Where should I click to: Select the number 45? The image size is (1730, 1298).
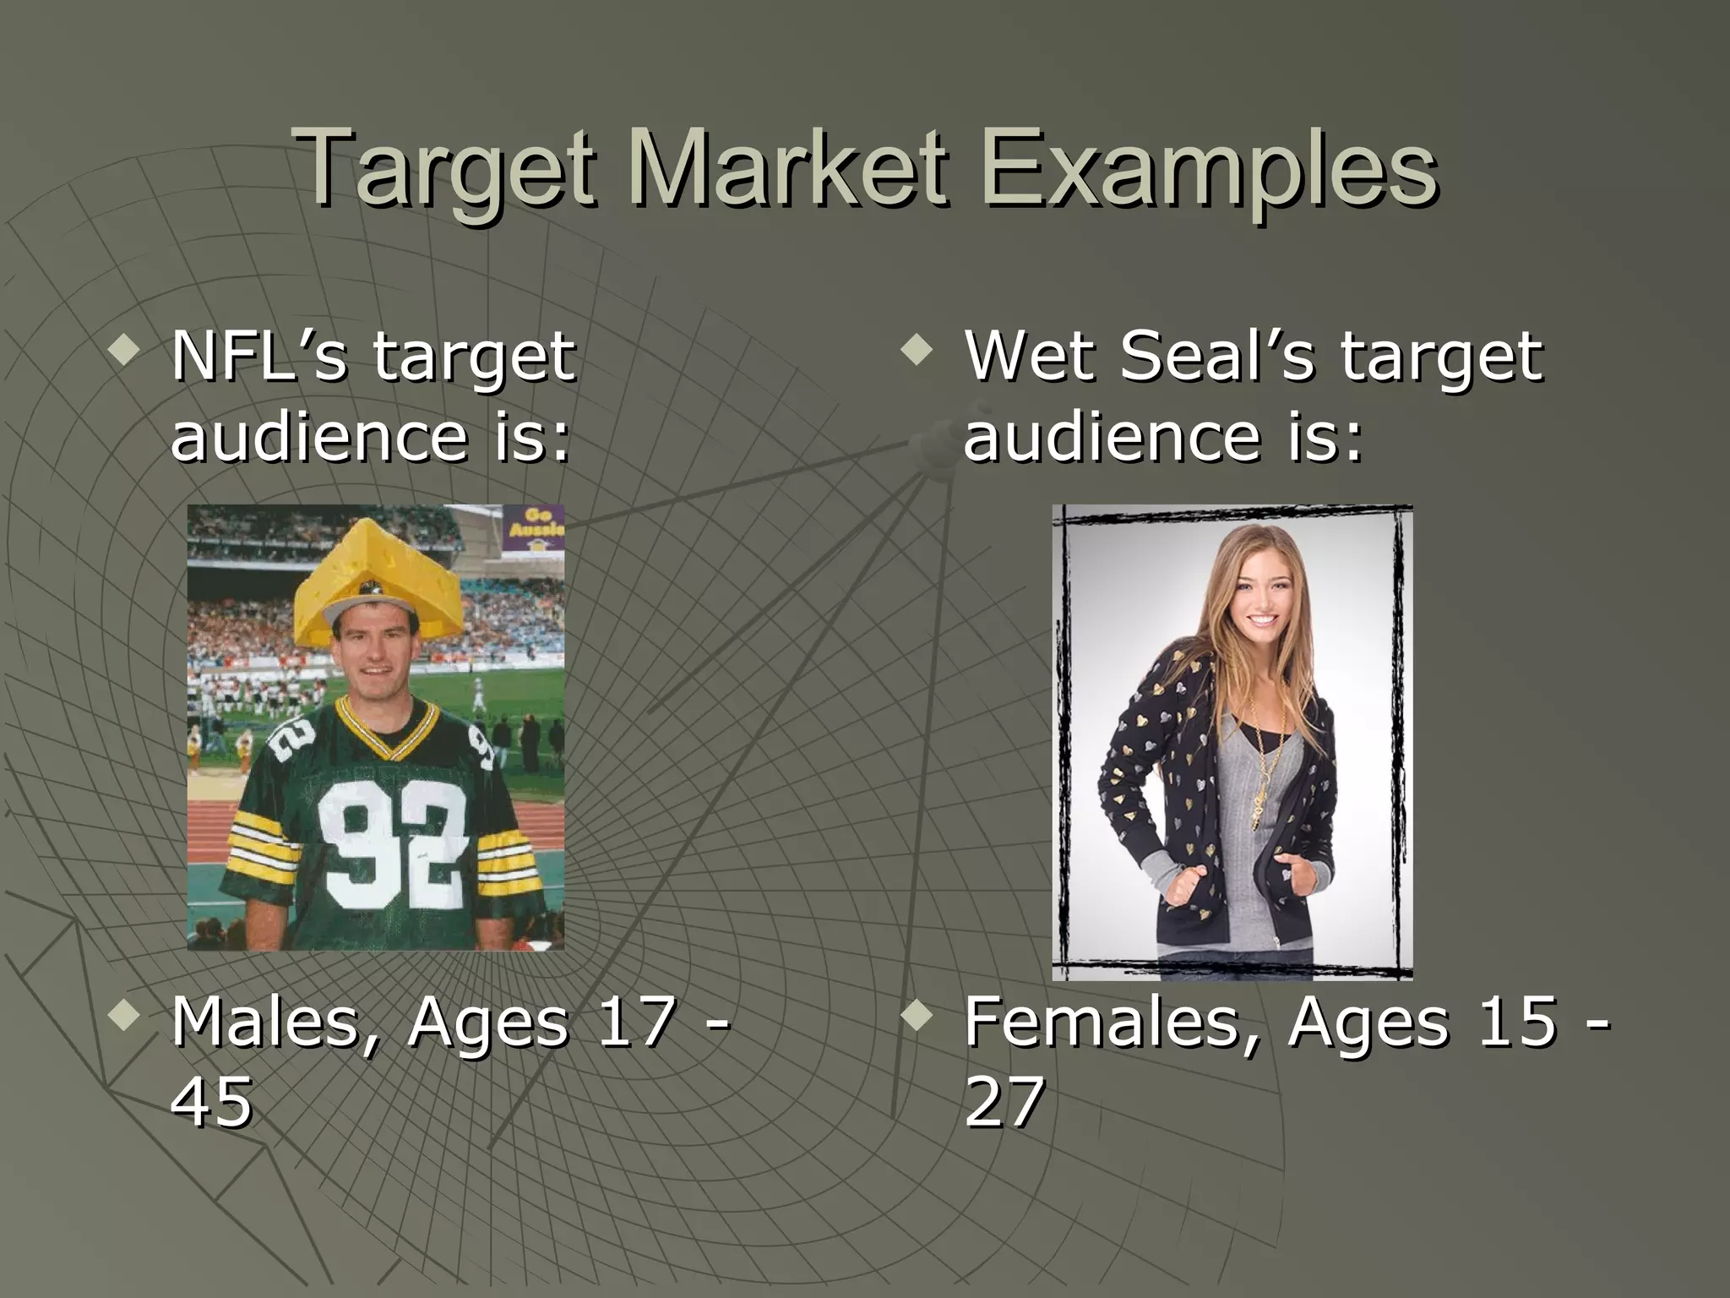(x=211, y=1103)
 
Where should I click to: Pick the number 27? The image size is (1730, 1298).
(x=1004, y=1103)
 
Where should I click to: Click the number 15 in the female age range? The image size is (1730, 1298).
(x=1516, y=1023)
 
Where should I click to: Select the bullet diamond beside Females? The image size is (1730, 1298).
(x=917, y=1015)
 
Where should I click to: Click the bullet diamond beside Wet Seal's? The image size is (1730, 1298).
(x=917, y=349)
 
